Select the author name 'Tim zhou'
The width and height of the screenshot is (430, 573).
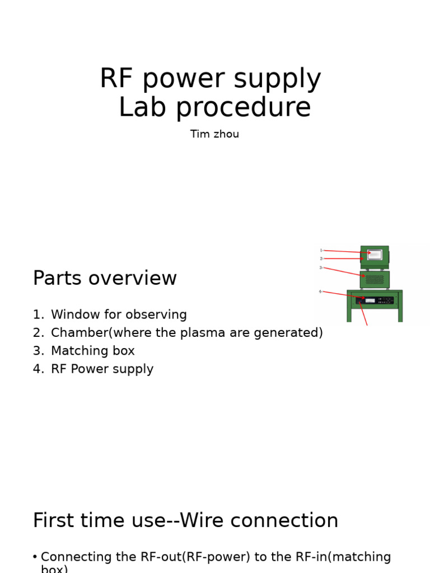214,134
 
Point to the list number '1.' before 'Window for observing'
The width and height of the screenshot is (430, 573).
38,315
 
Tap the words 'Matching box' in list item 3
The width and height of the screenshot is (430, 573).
92,351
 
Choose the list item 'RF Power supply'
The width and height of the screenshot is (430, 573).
102,369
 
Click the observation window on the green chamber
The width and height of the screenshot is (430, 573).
375,255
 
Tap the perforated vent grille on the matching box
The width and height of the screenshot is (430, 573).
375,279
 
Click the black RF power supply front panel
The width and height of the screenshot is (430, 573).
375,300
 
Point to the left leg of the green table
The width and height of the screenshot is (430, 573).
349,313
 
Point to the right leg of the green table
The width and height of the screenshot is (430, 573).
400,313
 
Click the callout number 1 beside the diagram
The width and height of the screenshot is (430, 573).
321,250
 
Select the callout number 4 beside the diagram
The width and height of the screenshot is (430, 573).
320,292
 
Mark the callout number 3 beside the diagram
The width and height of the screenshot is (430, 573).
321,267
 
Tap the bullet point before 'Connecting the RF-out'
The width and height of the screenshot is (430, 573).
35,557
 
